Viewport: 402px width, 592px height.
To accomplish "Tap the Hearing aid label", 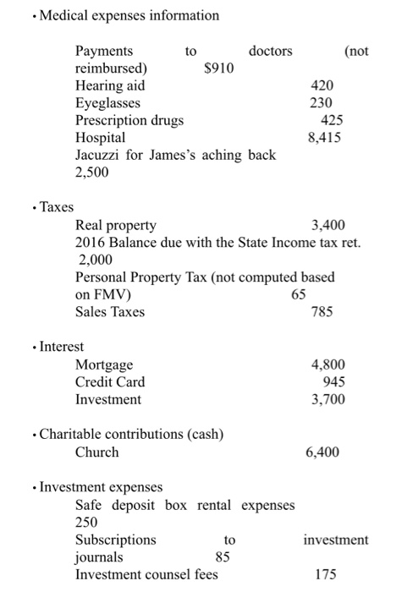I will pyautogui.click(x=110, y=85).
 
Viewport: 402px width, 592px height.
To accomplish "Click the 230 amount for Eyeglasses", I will pyautogui.click(x=322, y=103).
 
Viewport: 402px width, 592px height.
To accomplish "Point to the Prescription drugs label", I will pyautogui.click(x=129, y=120).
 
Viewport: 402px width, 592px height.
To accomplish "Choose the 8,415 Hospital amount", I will pyautogui.click(x=326, y=137).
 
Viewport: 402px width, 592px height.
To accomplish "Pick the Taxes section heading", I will pyautogui.click(x=56, y=207).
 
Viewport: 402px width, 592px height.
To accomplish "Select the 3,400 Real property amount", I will pyautogui.click(x=328, y=225).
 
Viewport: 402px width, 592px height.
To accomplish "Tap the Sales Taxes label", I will pyautogui.click(x=110, y=312).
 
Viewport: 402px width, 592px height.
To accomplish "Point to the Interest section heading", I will pyautogui.click(x=62, y=347).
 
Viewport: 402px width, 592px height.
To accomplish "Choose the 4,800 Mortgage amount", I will pyautogui.click(x=328, y=365).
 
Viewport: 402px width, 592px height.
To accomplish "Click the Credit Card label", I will pyautogui.click(x=110, y=382).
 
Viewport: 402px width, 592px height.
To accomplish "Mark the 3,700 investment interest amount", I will pyautogui.click(x=328, y=399).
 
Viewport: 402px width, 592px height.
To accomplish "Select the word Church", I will pyautogui.click(x=97, y=452).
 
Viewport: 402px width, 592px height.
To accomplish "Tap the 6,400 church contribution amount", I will pyautogui.click(x=322, y=452).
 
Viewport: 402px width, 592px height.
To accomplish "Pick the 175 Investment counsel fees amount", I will pyautogui.click(x=326, y=575).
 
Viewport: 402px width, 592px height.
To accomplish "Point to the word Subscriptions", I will pyautogui.click(x=116, y=540).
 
